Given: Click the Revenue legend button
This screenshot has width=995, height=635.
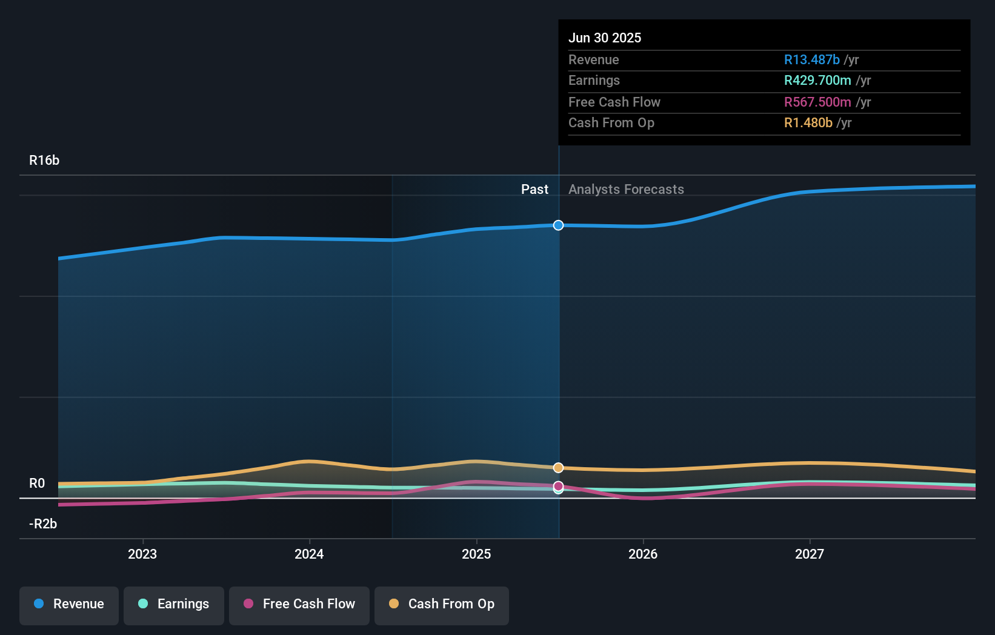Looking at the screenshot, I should (68, 604).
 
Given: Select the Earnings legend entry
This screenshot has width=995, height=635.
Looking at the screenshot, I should (173, 604).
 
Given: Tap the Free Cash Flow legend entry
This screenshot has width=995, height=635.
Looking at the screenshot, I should (299, 604).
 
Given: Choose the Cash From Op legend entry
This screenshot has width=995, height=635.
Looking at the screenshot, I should (441, 604).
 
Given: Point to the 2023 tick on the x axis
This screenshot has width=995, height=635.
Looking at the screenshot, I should (142, 554).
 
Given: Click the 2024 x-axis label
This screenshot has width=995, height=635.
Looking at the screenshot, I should (309, 554).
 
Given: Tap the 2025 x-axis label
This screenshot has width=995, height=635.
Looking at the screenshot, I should (476, 554).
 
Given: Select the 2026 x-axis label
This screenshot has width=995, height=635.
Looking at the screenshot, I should (643, 554).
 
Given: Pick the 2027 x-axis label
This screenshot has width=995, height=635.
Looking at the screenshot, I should (810, 554).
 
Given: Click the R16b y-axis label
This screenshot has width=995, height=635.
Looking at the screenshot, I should (44, 161).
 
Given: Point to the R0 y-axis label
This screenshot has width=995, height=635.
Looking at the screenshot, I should (37, 484).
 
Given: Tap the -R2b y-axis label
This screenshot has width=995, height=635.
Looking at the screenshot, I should (43, 524).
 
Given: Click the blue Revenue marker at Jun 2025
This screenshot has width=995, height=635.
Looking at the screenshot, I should (558, 225).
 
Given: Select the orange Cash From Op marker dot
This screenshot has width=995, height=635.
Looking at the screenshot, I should (558, 468).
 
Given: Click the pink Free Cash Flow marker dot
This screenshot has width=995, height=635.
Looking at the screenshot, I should (558, 486).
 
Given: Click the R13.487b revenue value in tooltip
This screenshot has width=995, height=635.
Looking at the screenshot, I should (811, 59).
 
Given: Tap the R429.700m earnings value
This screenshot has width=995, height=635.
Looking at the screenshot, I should (817, 81).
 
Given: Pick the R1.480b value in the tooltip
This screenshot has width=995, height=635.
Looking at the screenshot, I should (808, 123).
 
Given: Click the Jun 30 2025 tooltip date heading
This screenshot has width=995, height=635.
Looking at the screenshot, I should (604, 38).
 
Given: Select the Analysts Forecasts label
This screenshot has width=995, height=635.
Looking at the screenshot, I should (626, 190).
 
